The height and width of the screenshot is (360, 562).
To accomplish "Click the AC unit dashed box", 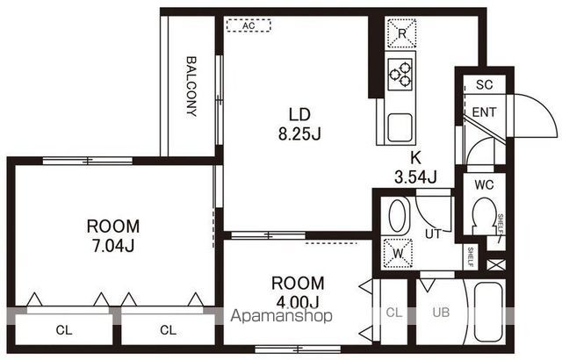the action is (x=249, y=25).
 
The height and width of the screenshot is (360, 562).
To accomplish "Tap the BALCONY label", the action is (x=191, y=86).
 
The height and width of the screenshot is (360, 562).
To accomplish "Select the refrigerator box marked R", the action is (x=402, y=33).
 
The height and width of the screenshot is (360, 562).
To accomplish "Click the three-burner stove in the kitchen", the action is (x=400, y=75).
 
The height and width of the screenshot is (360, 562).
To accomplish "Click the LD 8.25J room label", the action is (x=299, y=125).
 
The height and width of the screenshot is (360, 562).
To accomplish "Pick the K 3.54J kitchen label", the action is (x=415, y=167).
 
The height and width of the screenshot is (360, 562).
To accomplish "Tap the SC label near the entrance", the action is (x=485, y=85).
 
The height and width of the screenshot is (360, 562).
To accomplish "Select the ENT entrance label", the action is (x=484, y=112).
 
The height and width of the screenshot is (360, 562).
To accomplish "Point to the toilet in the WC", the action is (x=484, y=216).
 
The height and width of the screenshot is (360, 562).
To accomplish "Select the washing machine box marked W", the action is (x=398, y=253).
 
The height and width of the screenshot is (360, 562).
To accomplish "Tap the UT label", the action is (x=433, y=234).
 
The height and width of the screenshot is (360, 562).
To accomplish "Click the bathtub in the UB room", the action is (x=489, y=312).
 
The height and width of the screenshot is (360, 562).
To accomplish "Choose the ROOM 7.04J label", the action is (x=113, y=236).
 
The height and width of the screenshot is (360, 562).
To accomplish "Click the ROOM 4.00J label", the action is (x=298, y=292).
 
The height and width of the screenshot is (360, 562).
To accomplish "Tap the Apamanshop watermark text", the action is (x=281, y=316).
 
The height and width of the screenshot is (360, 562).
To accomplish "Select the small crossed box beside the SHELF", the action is (x=496, y=264).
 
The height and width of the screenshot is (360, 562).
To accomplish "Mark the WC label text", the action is (x=484, y=185).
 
